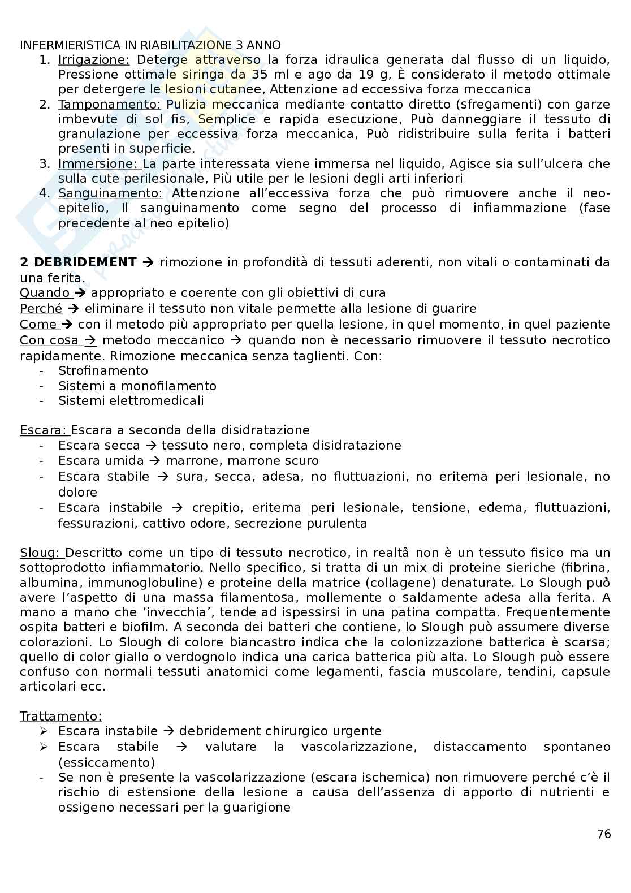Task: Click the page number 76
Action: click(x=604, y=834)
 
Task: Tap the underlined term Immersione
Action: click(x=98, y=164)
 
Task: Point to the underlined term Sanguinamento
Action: click(x=110, y=193)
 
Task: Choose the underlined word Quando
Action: click(x=45, y=293)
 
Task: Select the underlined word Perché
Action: click(x=41, y=309)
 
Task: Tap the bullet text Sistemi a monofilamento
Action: click(x=137, y=386)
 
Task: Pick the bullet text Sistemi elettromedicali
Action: click(x=131, y=401)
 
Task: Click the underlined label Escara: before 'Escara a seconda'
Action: click(x=42, y=430)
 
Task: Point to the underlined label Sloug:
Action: click(x=41, y=553)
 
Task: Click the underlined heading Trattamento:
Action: click(x=60, y=717)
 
